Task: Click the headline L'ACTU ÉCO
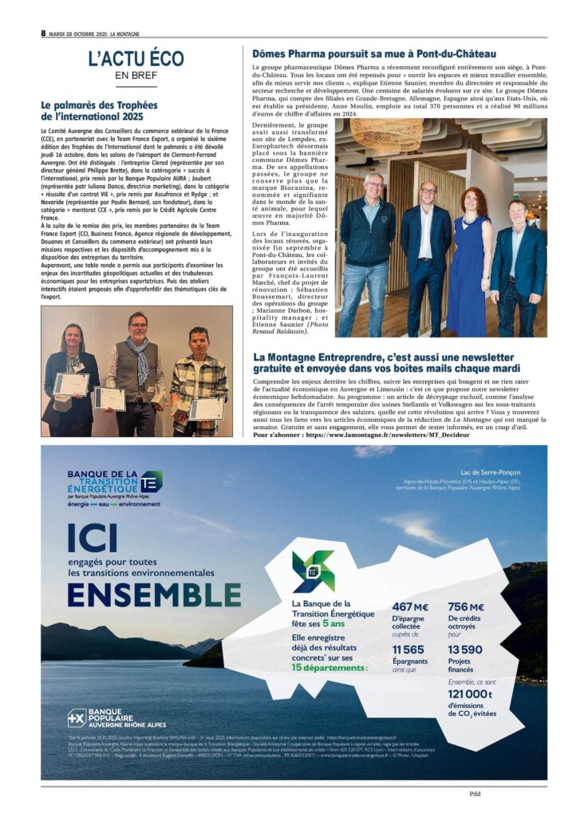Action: pyautogui.click(x=136, y=58)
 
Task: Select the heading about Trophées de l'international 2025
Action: pyautogui.click(x=99, y=110)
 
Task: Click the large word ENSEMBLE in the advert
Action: pyautogui.click(x=154, y=594)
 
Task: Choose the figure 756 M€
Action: pyautogui.click(x=467, y=607)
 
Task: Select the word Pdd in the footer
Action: pyautogui.click(x=475, y=793)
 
